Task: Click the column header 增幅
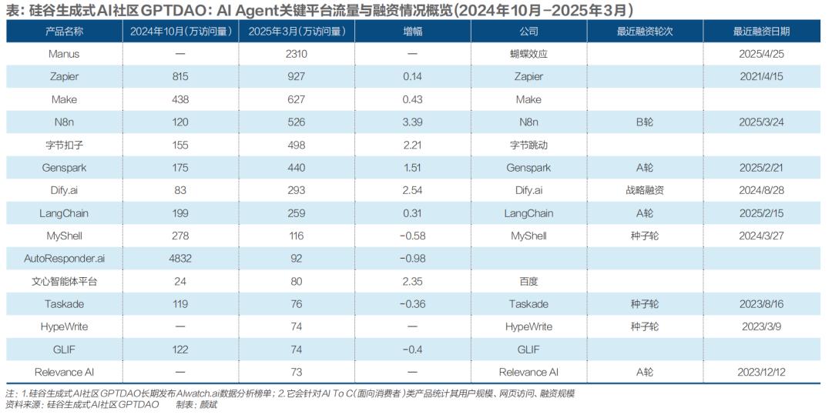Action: (x=412, y=32)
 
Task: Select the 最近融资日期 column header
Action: (x=760, y=32)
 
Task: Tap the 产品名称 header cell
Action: (x=65, y=32)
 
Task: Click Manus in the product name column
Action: (x=65, y=54)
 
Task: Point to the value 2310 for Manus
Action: (x=297, y=54)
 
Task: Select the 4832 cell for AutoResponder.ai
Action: (x=180, y=259)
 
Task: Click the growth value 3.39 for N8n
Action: (x=412, y=122)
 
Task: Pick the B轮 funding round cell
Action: (x=645, y=122)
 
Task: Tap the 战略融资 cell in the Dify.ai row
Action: (x=645, y=190)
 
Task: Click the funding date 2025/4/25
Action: (x=760, y=54)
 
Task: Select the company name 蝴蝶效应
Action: (x=528, y=54)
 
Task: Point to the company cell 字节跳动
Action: (x=528, y=145)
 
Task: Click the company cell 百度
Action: (x=528, y=282)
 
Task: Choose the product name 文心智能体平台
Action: (x=65, y=282)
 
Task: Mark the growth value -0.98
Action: (x=412, y=259)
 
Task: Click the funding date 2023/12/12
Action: (x=760, y=373)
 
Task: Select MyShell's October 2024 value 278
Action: (x=180, y=236)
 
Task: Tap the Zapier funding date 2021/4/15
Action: (x=760, y=77)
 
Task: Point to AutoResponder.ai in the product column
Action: (x=65, y=259)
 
